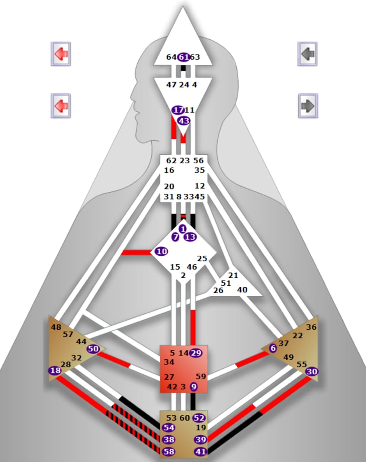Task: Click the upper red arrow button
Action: click(x=61, y=54)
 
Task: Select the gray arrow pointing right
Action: click(x=307, y=105)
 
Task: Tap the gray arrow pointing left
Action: click(x=307, y=53)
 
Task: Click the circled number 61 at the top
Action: click(x=183, y=57)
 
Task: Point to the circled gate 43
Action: click(x=183, y=121)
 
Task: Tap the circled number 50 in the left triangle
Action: click(x=93, y=349)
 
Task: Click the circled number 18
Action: click(x=55, y=371)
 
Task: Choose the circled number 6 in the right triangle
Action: click(x=273, y=348)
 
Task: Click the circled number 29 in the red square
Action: click(x=195, y=353)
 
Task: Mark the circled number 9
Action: click(x=193, y=386)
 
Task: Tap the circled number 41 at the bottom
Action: click(x=201, y=451)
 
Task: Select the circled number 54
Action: click(x=169, y=428)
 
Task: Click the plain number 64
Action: click(x=172, y=57)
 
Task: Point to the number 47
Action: click(x=172, y=84)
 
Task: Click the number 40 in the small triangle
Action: click(x=242, y=290)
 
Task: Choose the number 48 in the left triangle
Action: click(x=56, y=327)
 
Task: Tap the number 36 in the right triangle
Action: click(x=311, y=327)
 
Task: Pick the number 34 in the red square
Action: click(x=169, y=362)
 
